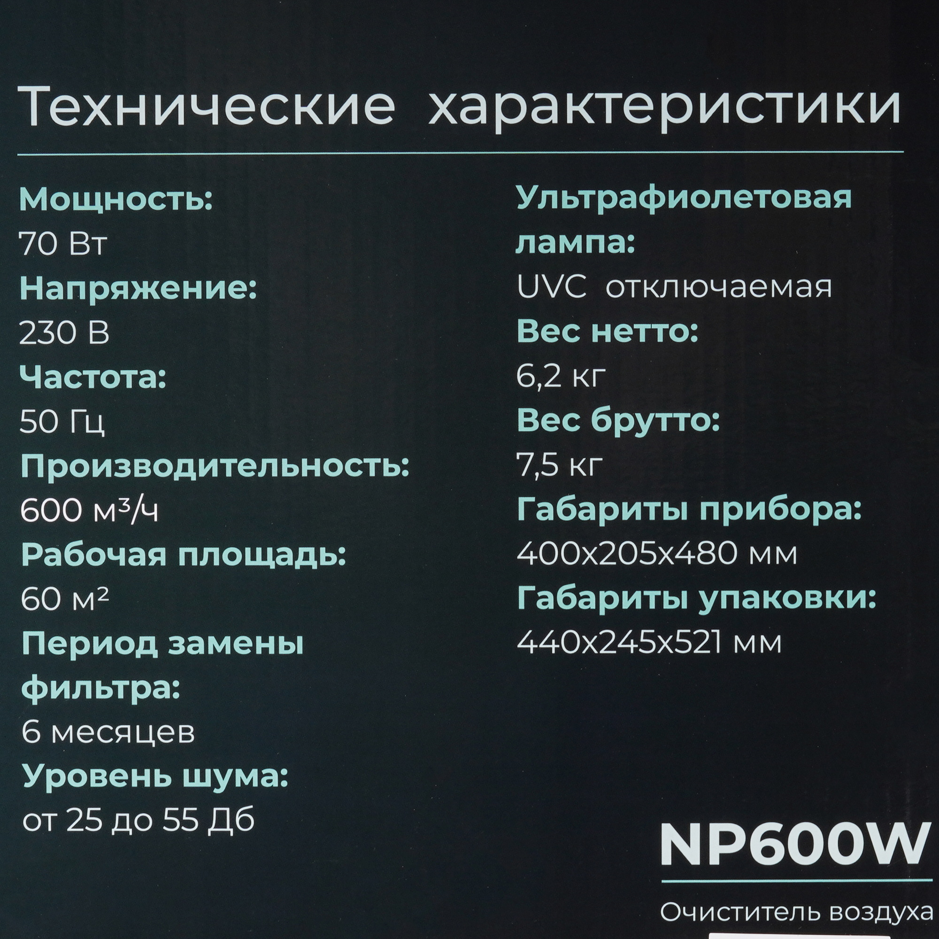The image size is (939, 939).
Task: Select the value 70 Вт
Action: (x=62, y=245)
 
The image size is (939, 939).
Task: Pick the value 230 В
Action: (x=64, y=334)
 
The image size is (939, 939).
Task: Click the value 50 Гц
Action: (x=62, y=423)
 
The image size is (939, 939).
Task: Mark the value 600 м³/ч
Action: (x=89, y=511)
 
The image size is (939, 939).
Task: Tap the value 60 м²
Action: (x=65, y=600)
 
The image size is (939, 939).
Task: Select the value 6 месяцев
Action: (x=108, y=732)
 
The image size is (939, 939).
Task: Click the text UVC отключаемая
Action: (x=674, y=288)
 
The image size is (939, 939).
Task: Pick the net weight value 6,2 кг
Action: (x=561, y=377)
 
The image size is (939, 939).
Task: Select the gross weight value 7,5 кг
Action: (x=560, y=466)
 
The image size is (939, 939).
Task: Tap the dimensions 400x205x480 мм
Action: (x=657, y=554)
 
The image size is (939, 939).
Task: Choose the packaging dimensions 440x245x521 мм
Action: (x=649, y=643)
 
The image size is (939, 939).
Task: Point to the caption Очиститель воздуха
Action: (x=799, y=912)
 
